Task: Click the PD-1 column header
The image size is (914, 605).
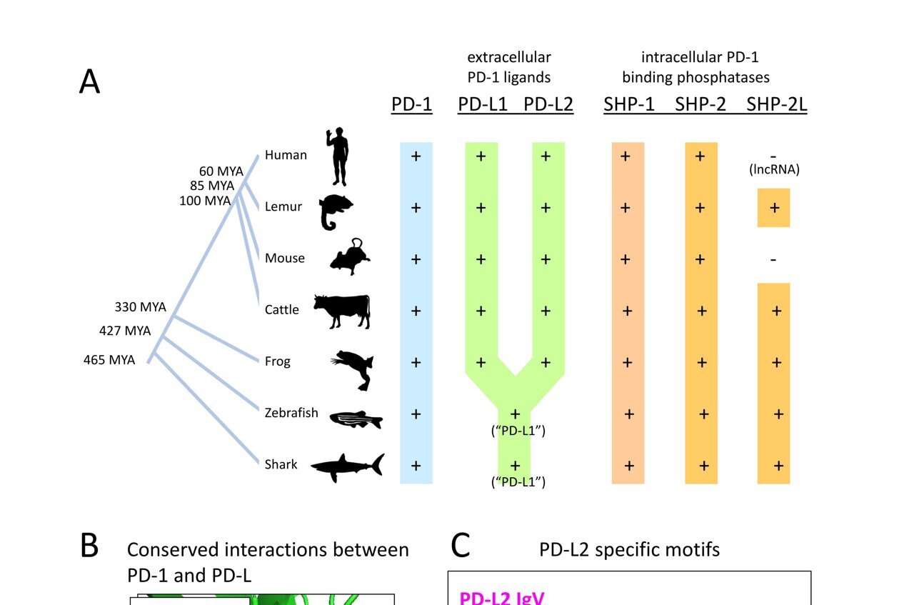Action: (x=411, y=104)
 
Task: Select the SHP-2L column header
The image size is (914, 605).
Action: (x=776, y=104)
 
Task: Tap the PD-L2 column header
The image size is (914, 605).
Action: (x=548, y=104)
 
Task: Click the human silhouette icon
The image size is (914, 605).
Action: (x=338, y=156)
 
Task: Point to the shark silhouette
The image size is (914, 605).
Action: (x=348, y=466)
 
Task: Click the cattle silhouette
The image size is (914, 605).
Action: (x=342, y=311)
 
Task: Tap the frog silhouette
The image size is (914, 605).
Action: (x=353, y=368)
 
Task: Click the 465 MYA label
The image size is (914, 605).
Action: (x=109, y=360)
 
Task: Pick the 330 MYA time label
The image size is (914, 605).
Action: (x=140, y=307)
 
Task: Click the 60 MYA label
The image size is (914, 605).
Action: (x=221, y=171)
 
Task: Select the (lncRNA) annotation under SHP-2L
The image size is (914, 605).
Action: (x=773, y=170)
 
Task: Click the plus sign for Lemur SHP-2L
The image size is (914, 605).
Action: (x=773, y=208)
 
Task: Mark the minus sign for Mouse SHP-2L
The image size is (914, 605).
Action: (x=773, y=259)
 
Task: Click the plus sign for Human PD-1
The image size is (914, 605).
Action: (x=416, y=156)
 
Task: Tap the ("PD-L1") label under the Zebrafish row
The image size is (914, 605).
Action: (x=518, y=431)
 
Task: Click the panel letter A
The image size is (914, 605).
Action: (x=89, y=83)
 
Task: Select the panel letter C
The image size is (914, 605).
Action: (x=461, y=546)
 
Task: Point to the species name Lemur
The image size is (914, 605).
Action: (x=283, y=207)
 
